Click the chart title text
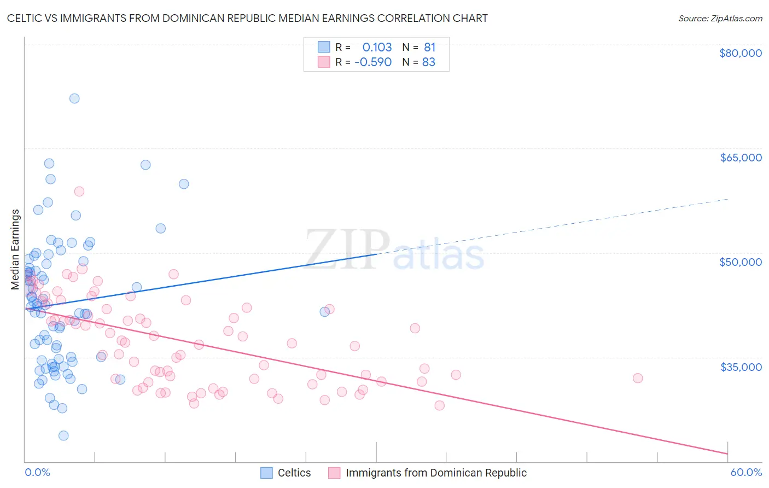[247, 18]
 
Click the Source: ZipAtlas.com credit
[720, 18]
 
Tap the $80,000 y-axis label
[740, 53]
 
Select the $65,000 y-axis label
[741, 158]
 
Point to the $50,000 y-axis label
[740, 262]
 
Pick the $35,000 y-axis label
[741, 367]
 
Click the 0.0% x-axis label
[37, 472]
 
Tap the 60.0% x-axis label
[746, 472]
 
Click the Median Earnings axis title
[15, 249]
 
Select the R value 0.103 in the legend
[377, 48]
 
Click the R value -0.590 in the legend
[373, 62]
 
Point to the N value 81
[429, 48]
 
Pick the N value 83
[429, 62]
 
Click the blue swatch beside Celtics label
[266, 473]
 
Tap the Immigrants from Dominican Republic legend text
[436, 473]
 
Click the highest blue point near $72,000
[74, 98]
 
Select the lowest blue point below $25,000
[63, 435]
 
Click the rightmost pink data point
[638, 378]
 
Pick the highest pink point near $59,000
[79, 191]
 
